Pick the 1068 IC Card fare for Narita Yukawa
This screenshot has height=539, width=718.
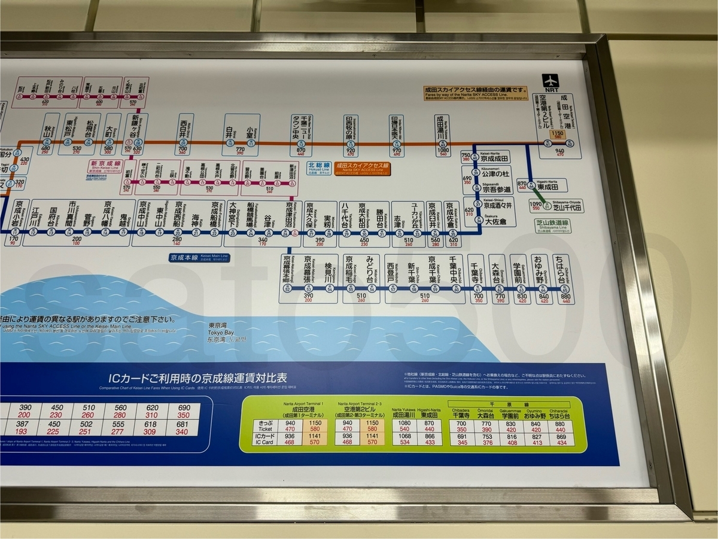(x=405, y=437)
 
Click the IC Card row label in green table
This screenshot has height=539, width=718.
(x=264, y=440)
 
